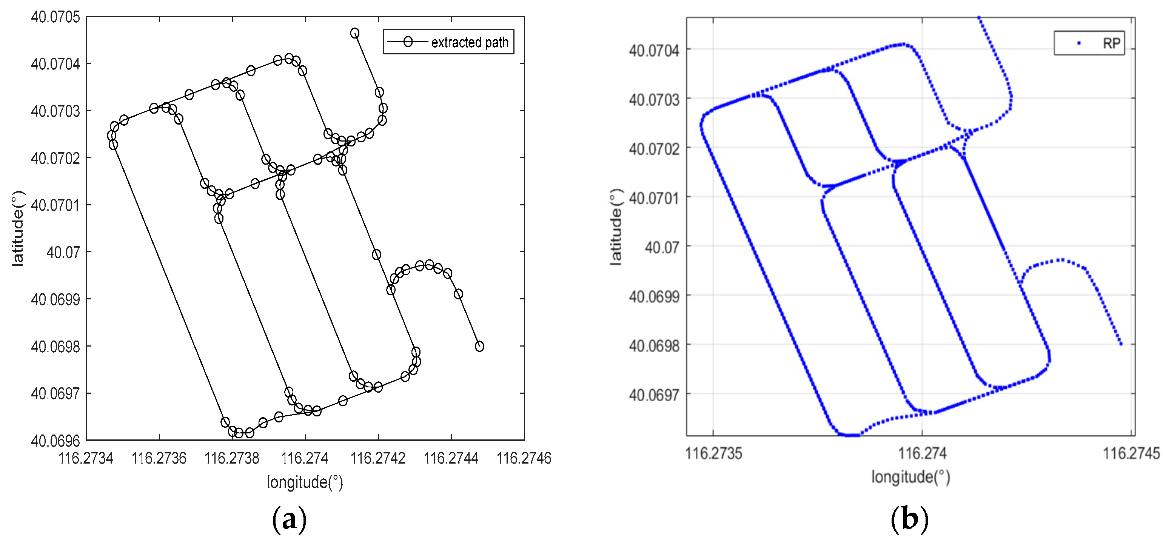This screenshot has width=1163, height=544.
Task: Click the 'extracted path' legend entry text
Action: [x=470, y=42]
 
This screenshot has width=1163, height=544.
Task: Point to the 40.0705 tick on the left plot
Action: [x=55, y=17]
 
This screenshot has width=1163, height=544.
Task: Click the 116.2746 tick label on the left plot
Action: [x=524, y=458]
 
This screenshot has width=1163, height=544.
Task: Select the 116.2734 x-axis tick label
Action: [x=86, y=458]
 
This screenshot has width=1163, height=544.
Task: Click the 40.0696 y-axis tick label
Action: [x=55, y=441]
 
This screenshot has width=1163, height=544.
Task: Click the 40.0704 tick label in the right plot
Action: [x=654, y=50]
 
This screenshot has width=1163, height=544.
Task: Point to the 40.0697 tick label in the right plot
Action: [x=654, y=395]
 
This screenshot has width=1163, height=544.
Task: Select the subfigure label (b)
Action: [x=909, y=519]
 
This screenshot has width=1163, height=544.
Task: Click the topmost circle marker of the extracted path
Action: [x=355, y=33]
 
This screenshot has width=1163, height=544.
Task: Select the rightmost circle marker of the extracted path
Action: [x=479, y=346]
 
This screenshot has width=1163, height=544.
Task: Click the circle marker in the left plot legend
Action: [x=408, y=42]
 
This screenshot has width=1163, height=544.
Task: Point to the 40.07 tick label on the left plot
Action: [x=63, y=252]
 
